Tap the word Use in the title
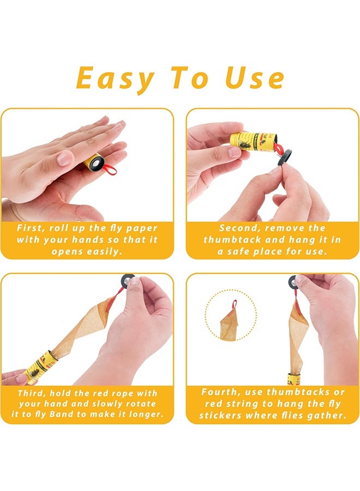point(255,77)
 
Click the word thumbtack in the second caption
point(232,240)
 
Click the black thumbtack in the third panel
point(127,280)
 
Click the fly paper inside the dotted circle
point(230,323)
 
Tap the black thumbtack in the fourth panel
point(294,282)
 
